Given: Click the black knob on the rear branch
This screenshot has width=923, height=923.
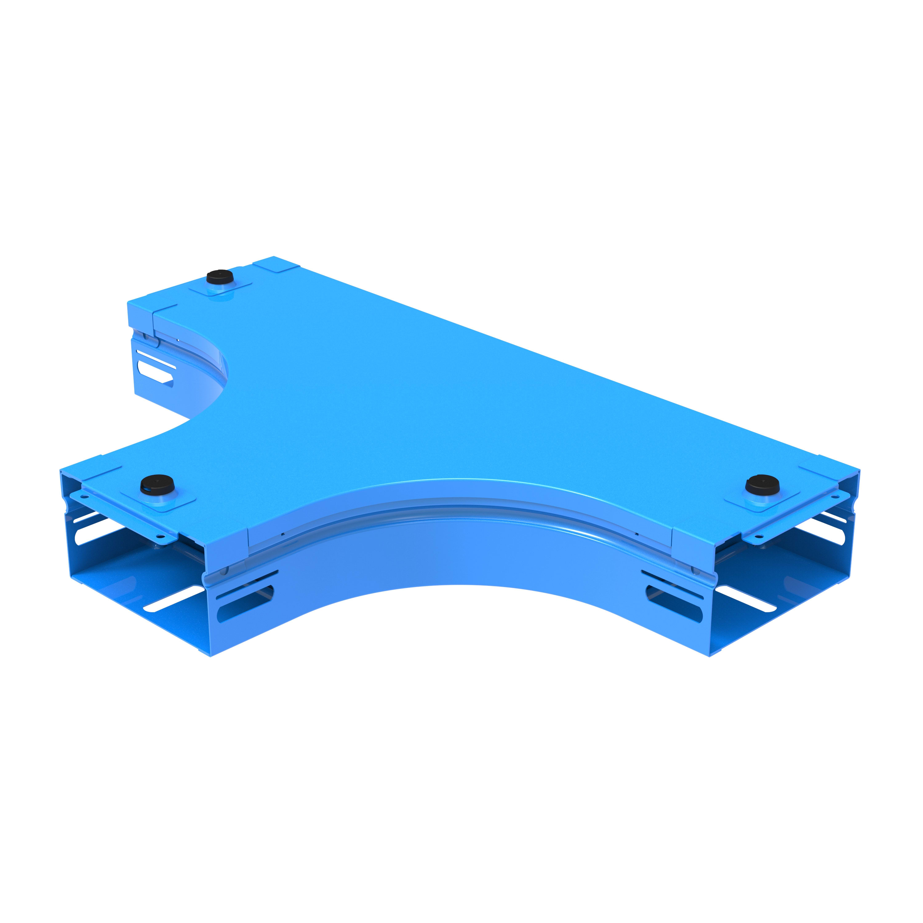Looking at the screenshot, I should coord(219,278).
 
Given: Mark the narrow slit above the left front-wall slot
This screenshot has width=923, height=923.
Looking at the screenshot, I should coord(246,584).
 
